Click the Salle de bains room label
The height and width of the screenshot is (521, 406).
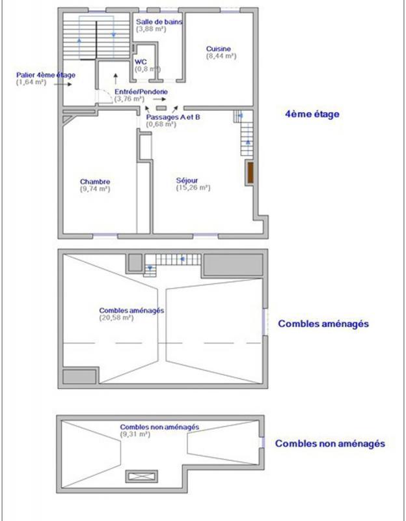[159, 21]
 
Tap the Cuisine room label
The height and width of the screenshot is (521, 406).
[219, 49]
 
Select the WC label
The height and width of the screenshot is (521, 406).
[141, 62]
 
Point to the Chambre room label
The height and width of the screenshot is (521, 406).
[95, 182]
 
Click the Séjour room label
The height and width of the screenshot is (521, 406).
[187, 180]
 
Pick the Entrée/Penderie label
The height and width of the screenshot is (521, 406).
[141, 92]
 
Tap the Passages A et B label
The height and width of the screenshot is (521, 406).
[173, 117]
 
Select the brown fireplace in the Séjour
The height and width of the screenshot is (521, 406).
[249, 175]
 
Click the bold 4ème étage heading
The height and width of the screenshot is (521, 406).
[312, 114]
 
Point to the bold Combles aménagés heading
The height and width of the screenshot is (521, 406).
[323, 323]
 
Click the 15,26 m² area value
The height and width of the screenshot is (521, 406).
[193, 188]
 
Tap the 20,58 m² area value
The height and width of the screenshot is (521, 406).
[116, 318]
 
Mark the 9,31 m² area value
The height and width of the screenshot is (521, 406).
[135, 434]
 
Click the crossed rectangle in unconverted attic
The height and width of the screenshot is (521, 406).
[142, 476]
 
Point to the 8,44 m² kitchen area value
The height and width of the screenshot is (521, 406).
[221, 57]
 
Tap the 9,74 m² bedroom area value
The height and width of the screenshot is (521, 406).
[95, 189]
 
